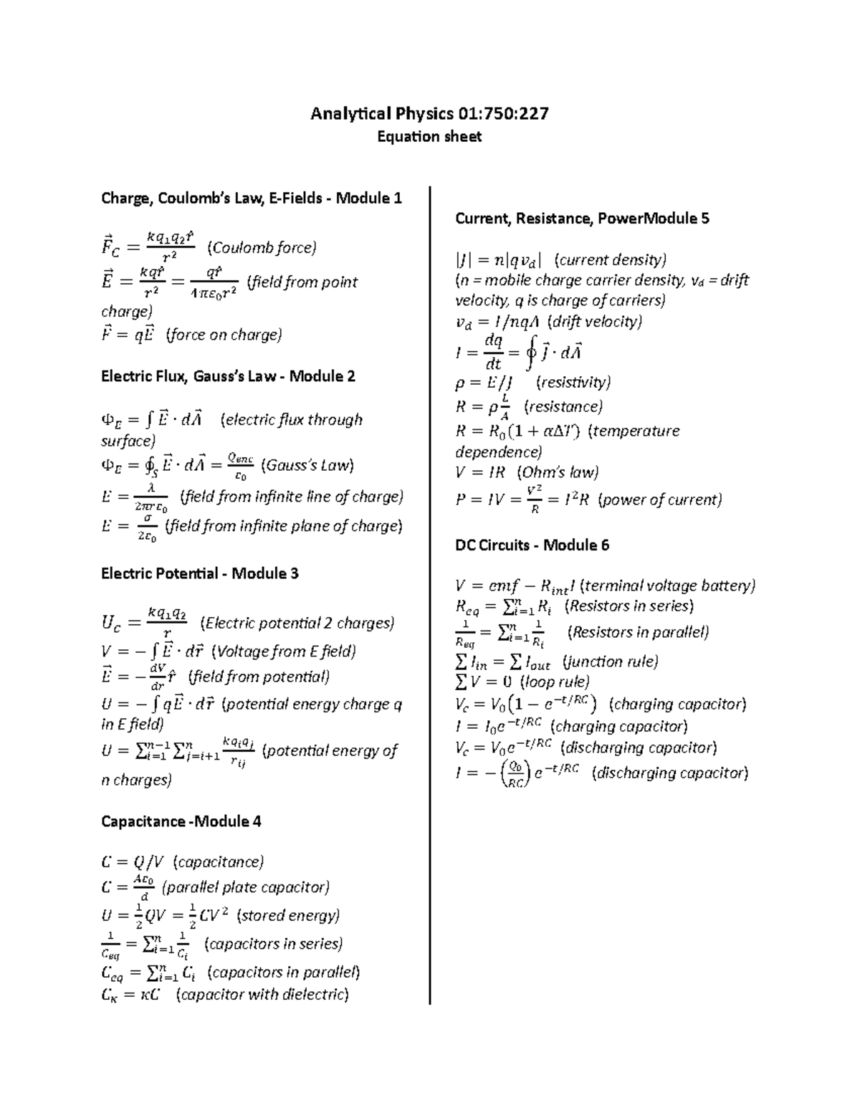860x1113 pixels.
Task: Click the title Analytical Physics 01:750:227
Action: pyautogui.click(x=429, y=113)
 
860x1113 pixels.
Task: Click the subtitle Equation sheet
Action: pyautogui.click(x=429, y=136)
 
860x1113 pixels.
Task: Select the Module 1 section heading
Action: pyautogui.click(x=252, y=198)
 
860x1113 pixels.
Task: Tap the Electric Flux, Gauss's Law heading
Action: pyautogui.click(x=228, y=376)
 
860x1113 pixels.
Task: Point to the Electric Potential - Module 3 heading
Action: pyautogui.click(x=199, y=573)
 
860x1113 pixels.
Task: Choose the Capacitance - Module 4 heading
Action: pyautogui.click(x=181, y=821)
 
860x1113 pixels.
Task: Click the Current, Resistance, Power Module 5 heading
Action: pyautogui.click(x=582, y=219)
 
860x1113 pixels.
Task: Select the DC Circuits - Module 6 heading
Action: pyautogui.click(x=532, y=545)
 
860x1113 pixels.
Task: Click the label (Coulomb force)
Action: pyautogui.click(x=262, y=248)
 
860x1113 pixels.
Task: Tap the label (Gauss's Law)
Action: pyautogui.click(x=307, y=465)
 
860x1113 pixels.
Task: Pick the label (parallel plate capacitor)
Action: pyautogui.click(x=246, y=887)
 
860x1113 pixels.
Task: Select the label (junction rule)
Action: pyautogui.click(x=610, y=661)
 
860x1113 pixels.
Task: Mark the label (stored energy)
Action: pyautogui.click(x=288, y=915)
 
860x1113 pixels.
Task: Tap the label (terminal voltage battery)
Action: pyautogui.click(x=666, y=586)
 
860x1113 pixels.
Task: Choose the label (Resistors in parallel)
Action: pyautogui.click(x=638, y=632)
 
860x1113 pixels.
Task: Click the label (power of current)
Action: pyautogui.click(x=659, y=500)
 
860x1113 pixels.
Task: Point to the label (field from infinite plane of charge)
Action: pyautogui.click(x=284, y=526)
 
